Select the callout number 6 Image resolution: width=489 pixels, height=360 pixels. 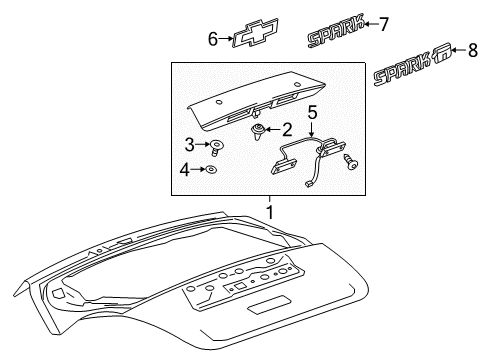212,38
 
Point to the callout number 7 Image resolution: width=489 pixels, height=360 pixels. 383,24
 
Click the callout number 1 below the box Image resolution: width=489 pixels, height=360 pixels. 268,212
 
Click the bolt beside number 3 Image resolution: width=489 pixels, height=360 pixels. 215,147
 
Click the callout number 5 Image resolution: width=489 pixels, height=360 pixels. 311,112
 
